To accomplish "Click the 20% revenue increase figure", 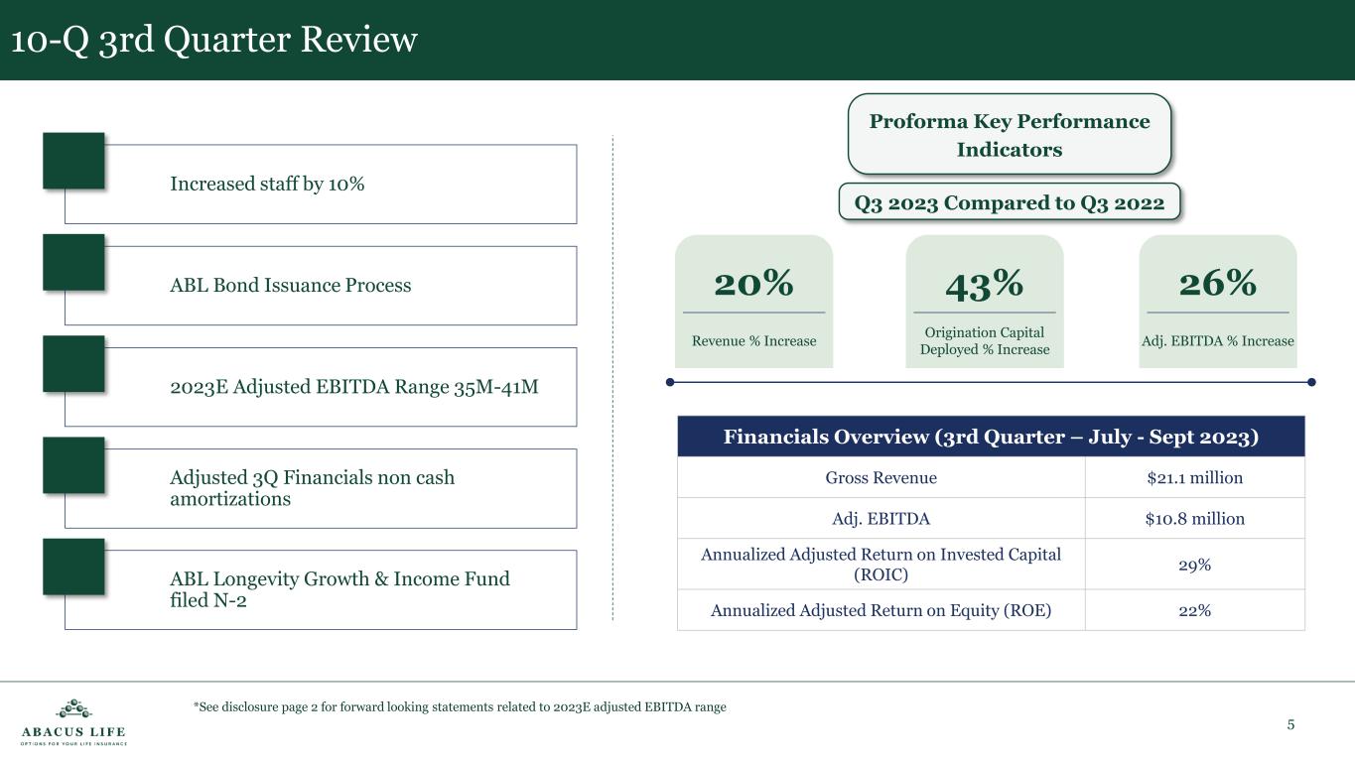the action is pyautogui.click(x=753, y=283).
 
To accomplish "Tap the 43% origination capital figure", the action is pyautogui.click(x=984, y=285).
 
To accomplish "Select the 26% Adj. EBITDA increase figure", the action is pyautogui.click(x=1218, y=283).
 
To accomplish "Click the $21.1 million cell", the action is pyautogui.click(x=1195, y=478).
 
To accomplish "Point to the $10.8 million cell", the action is pyautogui.click(x=1195, y=519).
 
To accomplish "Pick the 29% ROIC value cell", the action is pyautogui.click(x=1195, y=565).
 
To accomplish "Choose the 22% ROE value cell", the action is pyautogui.click(x=1195, y=610).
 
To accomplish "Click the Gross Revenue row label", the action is pyautogui.click(x=881, y=478).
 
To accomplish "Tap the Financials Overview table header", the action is pyautogui.click(x=991, y=436).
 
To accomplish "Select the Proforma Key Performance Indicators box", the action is pyautogui.click(x=1010, y=134).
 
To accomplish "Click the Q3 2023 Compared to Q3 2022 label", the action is pyautogui.click(x=1010, y=202).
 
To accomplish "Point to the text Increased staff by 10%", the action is pyautogui.click(x=267, y=184).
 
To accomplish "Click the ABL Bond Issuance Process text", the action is pyautogui.click(x=290, y=285).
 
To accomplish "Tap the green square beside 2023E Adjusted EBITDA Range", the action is pyautogui.click(x=73, y=364).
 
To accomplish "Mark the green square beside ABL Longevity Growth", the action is pyautogui.click(x=73, y=567).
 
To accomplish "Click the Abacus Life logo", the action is pyautogui.click(x=73, y=722).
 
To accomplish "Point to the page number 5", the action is pyautogui.click(x=1290, y=724).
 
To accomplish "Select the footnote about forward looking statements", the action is pyautogui.click(x=460, y=707).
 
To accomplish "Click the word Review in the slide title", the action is pyautogui.click(x=358, y=40).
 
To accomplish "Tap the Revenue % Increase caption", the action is pyautogui.click(x=753, y=341).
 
